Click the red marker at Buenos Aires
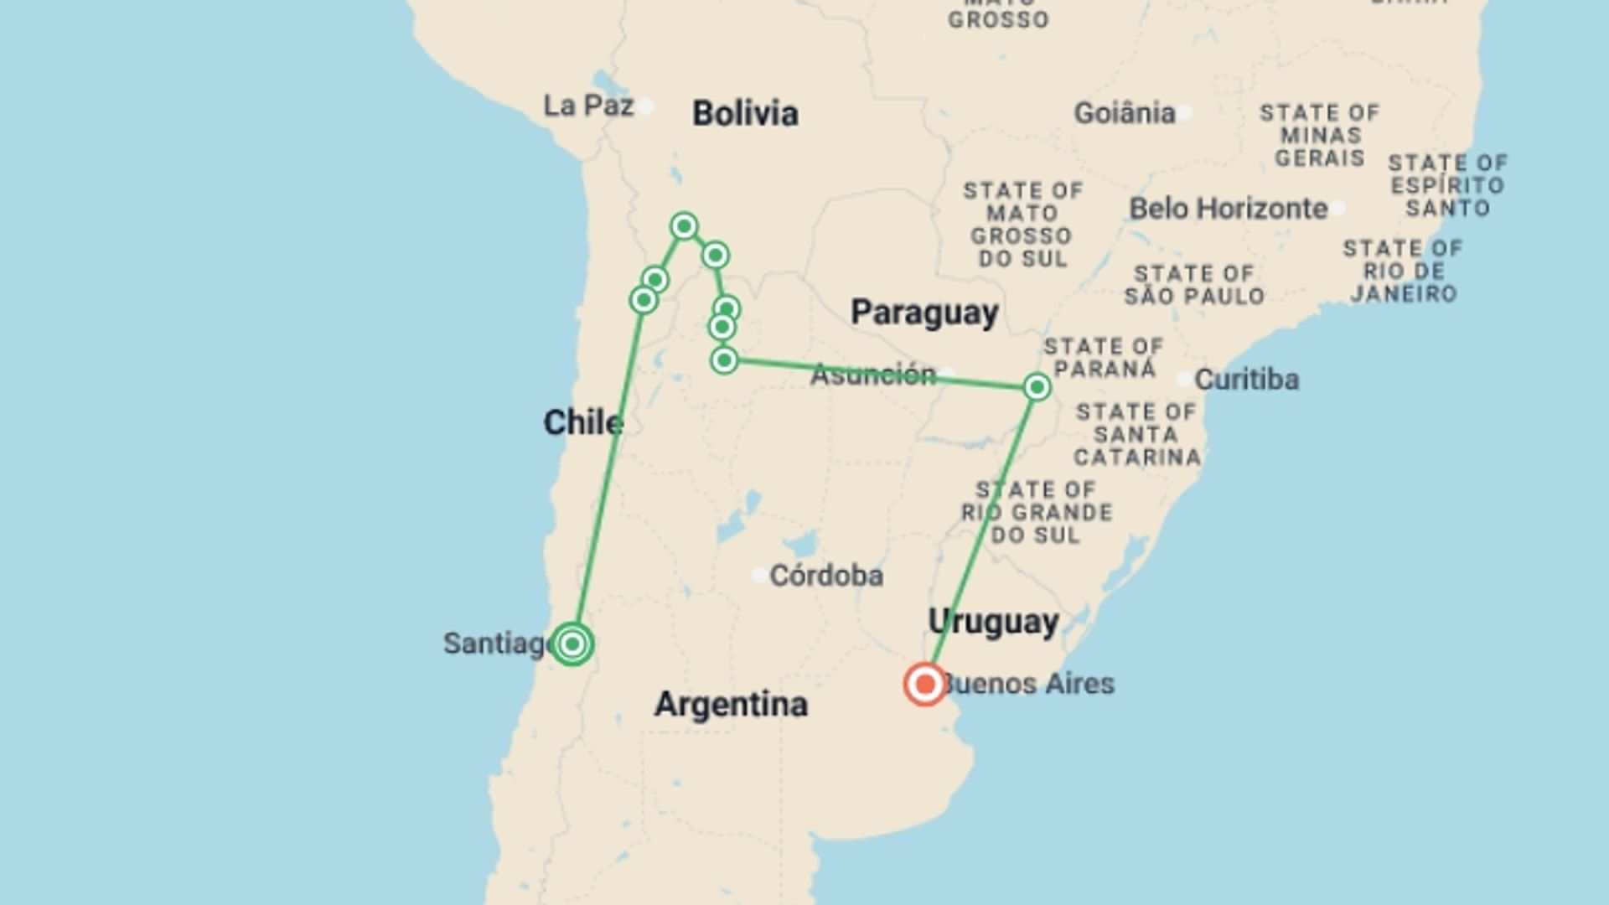tap(925, 685)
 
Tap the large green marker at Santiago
tap(572, 644)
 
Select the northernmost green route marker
tap(684, 226)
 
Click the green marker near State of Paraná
tap(1037, 387)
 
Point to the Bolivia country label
tap(745, 114)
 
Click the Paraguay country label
tap(924, 313)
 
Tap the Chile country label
tap(583, 422)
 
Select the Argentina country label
tap(731, 704)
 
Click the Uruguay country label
tap(993, 622)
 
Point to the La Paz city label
tap(588, 106)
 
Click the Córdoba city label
tap(825, 576)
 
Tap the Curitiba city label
tap(1246, 380)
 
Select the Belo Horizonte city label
tap(1229, 209)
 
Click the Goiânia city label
tap(1125, 113)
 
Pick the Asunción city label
tap(873, 375)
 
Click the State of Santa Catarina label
tap(1136, 434)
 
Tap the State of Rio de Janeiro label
tap(1403, 271)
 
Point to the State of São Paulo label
tap(1194, 285)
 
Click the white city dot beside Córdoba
tap(759, 575)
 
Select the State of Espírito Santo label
tap(1447, 184)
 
